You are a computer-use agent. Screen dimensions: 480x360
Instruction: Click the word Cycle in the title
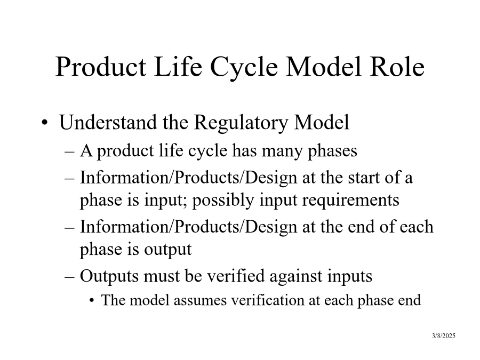coord(244,68)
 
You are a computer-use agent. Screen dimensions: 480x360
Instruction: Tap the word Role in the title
coord(397,67)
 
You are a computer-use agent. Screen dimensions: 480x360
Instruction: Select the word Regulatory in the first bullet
coord(241,123)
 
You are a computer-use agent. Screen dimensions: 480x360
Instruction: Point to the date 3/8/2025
coord(444,336)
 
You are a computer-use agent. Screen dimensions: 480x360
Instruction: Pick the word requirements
coord(351,201)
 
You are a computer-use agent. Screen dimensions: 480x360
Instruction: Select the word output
coord(168,250)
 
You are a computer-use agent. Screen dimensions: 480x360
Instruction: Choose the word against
coord(296,276)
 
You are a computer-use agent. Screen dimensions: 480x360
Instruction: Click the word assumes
coord(200,301)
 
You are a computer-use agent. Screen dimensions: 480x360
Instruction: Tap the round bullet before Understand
coord(45,123)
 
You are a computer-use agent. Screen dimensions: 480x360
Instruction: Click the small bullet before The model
coord(92,301)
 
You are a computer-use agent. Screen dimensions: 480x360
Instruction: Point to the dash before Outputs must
coord(70,276)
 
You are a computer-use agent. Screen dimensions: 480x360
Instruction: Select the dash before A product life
coord(70,151)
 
